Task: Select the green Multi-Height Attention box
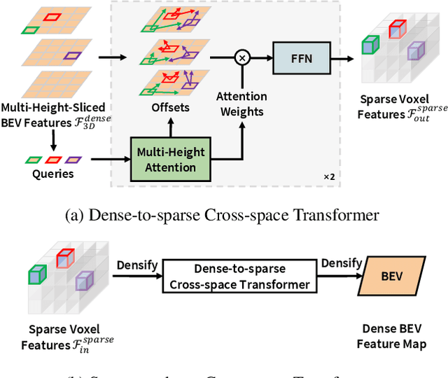pos(170,160)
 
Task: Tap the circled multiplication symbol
pos(242,58)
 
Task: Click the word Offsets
pos(170,108)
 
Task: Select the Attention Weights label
pos(241,104)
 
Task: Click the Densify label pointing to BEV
pos(342,264)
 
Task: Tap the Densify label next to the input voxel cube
pos(137,266)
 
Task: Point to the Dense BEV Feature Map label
pos(391,337)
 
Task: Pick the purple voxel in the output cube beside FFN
pos(416,51)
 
